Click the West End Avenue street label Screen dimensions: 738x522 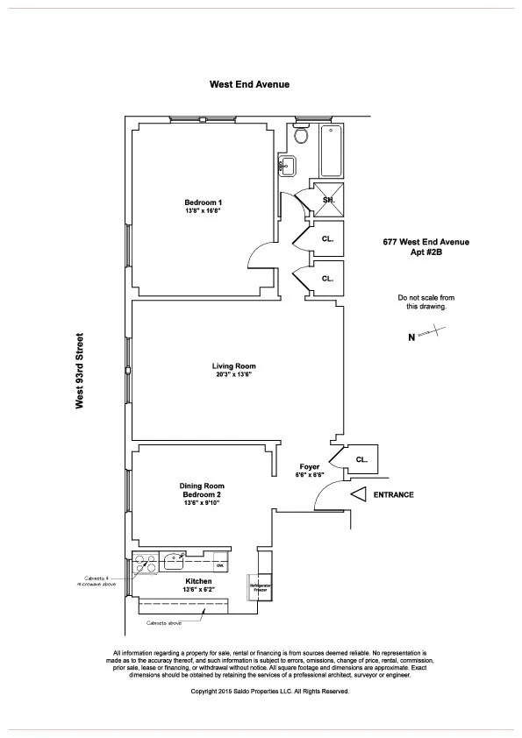pyautogui.click(x=249, y=85)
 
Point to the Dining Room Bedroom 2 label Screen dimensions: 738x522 pyautogui.click(x=203, y=491)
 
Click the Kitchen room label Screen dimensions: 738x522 pyautogui.click(x=198, y=581)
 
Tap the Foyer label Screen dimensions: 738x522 pyautogui.click(x=310, y=466)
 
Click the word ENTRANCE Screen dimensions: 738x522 pyautogui.click(x=393, y=495)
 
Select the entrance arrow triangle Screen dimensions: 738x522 pyautogui.click(x=358, y=495)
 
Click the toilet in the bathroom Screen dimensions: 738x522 pyautogui.click(x=301, y=136)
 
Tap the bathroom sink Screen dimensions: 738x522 pyautogui.click(x=287, y=165)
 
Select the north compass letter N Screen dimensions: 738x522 pyautogui.click(x=411, y=336)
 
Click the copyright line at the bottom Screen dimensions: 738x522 pyautogui.click(x=270, y=691)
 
